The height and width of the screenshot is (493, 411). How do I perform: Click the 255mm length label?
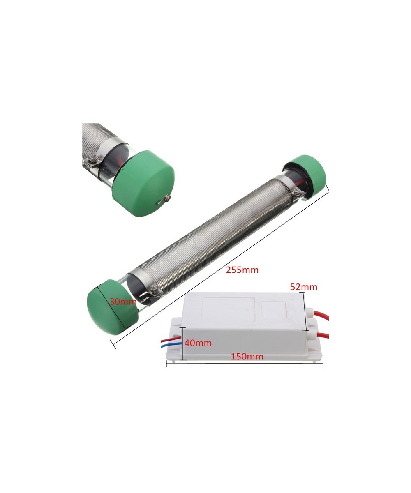pos(242,270)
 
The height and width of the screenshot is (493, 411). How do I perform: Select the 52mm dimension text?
pos(304,287)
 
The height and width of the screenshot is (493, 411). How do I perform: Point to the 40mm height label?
pos(198,343)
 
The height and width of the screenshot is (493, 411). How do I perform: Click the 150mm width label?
pos(247,356)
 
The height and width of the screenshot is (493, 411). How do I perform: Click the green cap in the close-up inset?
pos(143,184)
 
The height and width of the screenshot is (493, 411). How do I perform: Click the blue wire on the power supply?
pos(171,346)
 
